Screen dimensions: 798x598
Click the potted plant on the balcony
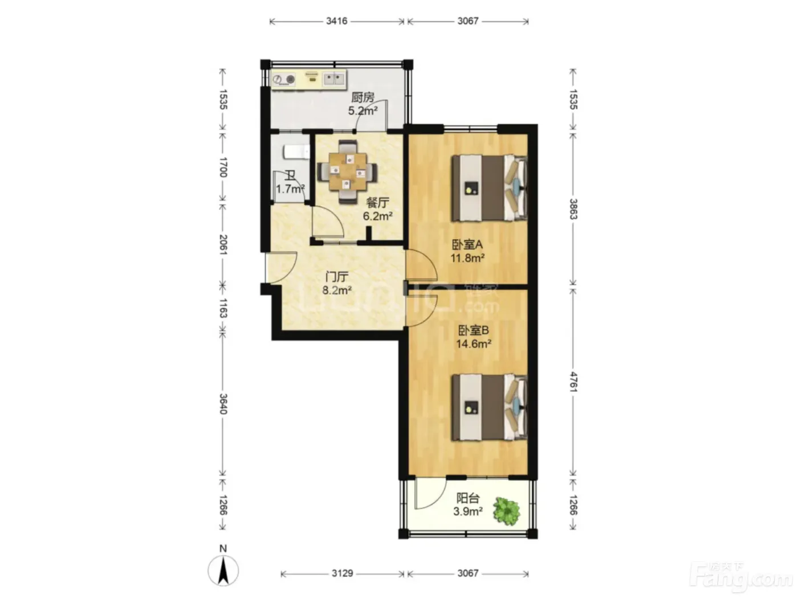(x=506, y=511)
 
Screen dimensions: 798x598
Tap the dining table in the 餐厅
(x=347, y=171)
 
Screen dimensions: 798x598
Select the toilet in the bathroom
(x=296, y=151)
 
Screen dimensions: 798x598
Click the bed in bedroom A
(x=489, y=188)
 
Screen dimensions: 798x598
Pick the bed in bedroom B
(x=489, y=408)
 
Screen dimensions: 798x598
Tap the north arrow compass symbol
(x=223, y=570)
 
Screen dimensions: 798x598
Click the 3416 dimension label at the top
(x=336, y=21)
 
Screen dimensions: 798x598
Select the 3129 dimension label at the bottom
(x=342, y=573)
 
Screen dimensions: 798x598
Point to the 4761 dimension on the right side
(x=573, y=382)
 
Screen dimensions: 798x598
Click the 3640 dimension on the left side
(x=223, y=404)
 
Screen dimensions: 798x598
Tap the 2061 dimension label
(x=223, y=245)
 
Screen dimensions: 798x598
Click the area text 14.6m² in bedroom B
(x=474, y=343)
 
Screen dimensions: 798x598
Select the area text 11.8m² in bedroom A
(x=467, y=258)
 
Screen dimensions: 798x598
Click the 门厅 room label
(x=337, y=277)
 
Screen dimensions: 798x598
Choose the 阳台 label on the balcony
(x=468, y=498)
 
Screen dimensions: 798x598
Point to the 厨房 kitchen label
(x=363, y=97)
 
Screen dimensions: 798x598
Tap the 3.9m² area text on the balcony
(x=468, y=511)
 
